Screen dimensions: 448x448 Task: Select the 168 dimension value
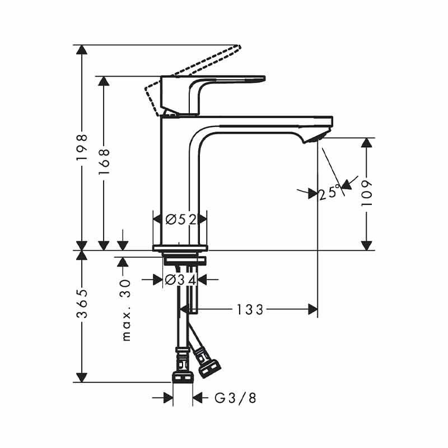[104, 162]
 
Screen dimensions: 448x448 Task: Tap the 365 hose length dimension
[82, 304]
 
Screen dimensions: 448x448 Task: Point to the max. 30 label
[126, 311]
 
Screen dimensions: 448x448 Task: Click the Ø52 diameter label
[180, 220]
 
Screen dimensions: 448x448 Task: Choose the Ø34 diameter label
[180, 279]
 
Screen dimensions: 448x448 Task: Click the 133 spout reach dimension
[250, 310]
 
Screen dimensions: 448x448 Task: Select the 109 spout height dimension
[367, 193]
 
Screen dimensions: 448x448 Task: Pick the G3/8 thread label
[235, 398]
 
